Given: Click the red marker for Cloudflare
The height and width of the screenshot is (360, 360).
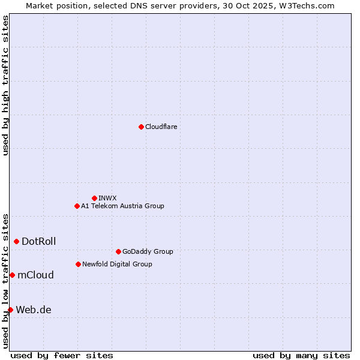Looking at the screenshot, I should pyautogui.click(x=141, y=127).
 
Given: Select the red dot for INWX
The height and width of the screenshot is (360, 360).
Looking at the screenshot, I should pyautogui.click(x=94, y=198).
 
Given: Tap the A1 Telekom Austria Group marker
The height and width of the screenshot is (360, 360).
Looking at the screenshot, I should pyautogui.click(x=77, y=206).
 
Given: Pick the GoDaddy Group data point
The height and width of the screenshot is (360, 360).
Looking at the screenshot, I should pyautogui.click(x=118, y=251).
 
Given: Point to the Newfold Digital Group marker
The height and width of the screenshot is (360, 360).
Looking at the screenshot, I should pyautogui.click(x=78, y=264).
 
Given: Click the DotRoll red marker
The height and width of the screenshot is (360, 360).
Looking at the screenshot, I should pyautogui.click(x=16, y=241).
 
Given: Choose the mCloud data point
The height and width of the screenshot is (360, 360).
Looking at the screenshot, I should pyautogui.click(x=12, y=275).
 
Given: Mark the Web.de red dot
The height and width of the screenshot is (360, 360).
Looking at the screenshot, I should pyautogui.click(x=10, y=310).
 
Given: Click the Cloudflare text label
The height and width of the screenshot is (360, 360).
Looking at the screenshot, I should pyautogui.click(x=161, y=127).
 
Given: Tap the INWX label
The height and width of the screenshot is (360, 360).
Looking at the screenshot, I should pyautogui.click(x=107, y=198).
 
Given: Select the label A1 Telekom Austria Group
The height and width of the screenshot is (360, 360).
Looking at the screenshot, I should pyautogui.click(x=122, y=206).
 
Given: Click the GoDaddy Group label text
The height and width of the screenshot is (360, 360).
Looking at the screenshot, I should pyautogui.click(x=148, y=251).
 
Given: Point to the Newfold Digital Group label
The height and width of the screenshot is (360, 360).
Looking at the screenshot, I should pyautogui.click(x=117, y=264).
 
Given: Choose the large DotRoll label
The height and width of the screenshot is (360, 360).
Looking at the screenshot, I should pyautogui.click(x=39, y=241).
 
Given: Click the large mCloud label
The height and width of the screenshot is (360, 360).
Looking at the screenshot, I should pyautogui.click(x=35, y=275).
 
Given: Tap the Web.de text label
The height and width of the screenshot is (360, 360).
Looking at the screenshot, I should pyautogui.click(x=34, y=310).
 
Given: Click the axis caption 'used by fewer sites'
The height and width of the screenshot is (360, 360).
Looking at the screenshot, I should pyautogui.click(x=62, y=355).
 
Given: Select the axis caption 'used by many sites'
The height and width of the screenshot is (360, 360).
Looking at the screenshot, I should pyautogui.click(x=301, y=355).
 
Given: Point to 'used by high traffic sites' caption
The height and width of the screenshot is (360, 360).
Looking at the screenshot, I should pyautogui.click(x=5, y=85).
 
